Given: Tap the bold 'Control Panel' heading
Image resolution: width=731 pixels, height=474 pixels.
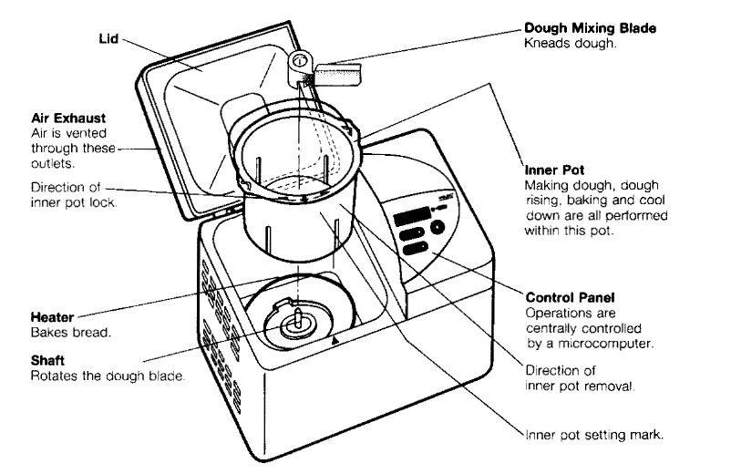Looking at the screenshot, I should coord(570,298).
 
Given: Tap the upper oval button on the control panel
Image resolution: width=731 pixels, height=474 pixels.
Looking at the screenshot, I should coord(412,233).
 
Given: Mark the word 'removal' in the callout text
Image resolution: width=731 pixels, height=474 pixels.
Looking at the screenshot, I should coord(613,386).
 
